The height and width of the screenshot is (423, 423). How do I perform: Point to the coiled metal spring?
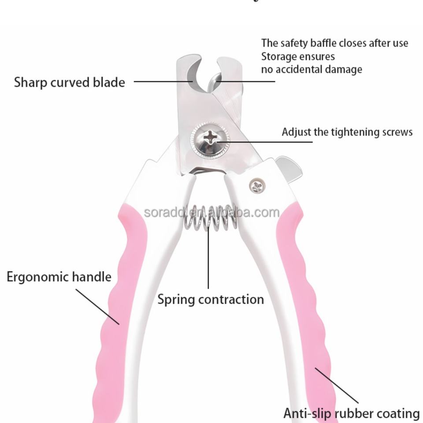point(210,219)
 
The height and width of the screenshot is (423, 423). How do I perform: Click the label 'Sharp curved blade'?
point(69,82)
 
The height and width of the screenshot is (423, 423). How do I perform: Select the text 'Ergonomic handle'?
point(59,277)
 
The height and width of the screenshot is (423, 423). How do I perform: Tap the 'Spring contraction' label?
point(211,300)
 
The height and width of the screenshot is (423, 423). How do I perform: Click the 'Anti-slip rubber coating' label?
point(351,414)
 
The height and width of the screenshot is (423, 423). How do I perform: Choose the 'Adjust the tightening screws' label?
point(347,132)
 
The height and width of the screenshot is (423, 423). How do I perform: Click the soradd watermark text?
point(211,213)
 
